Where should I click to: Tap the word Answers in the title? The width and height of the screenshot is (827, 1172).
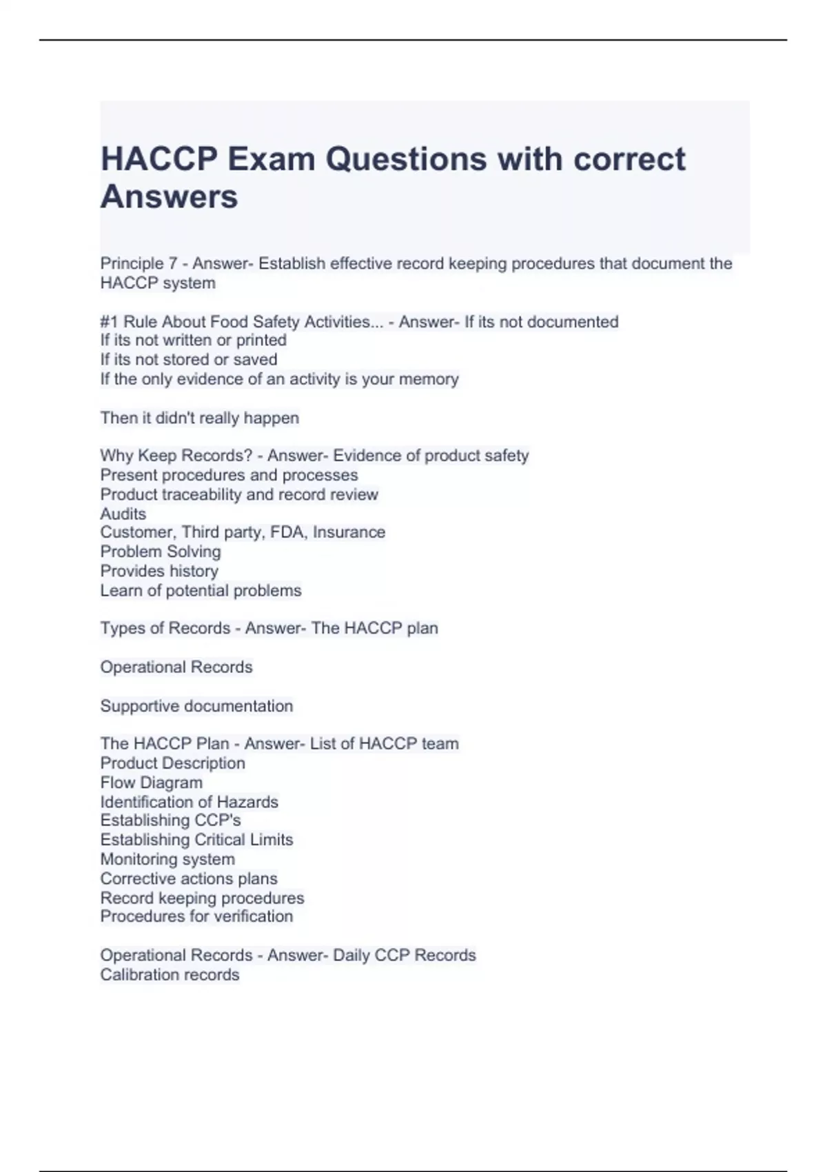[170, 197]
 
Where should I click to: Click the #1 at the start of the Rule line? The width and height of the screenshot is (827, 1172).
[109, 322]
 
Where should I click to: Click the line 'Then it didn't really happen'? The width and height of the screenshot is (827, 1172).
[199, 418]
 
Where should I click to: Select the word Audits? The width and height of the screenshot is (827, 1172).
[123, 514]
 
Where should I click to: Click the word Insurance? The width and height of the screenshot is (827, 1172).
[349, 532]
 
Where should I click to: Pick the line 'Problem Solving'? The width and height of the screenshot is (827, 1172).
[161, 552]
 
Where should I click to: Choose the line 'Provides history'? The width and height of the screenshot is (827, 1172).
[159, 571]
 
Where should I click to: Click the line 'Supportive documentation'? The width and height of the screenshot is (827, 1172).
[196, 706]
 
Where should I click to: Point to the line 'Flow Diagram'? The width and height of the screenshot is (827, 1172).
[152, 782]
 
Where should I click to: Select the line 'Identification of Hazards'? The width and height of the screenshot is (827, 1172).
[189, 802]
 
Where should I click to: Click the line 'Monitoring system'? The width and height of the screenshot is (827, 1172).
[167, 859]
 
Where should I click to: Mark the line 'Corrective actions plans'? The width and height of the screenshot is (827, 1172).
[189, 878]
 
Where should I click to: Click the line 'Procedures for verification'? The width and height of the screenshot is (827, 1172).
[196, 916]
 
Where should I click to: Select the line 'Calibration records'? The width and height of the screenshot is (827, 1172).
[170, 975]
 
